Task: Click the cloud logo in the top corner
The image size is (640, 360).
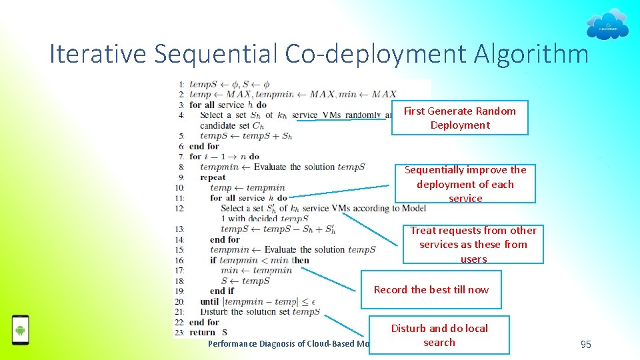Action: (x=607, y=25)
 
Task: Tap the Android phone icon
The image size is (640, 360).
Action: (x=21, y=329)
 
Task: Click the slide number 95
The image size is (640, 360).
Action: (x=586, y=344)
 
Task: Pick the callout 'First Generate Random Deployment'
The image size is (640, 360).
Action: (x=459, y=118)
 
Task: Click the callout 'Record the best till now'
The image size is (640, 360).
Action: (x=431, y=289)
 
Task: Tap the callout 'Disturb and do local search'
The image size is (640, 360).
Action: (x=439, y=335)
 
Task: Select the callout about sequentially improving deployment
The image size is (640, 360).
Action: (x=465, y=183)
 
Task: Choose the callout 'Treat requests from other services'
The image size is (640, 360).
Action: (x=473, y=244)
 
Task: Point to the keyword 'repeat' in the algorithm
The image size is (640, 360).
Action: (x=213, y=177)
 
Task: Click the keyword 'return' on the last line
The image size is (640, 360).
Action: (x=203, y=332)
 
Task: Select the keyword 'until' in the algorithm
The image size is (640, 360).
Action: (x=209, y=301)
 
